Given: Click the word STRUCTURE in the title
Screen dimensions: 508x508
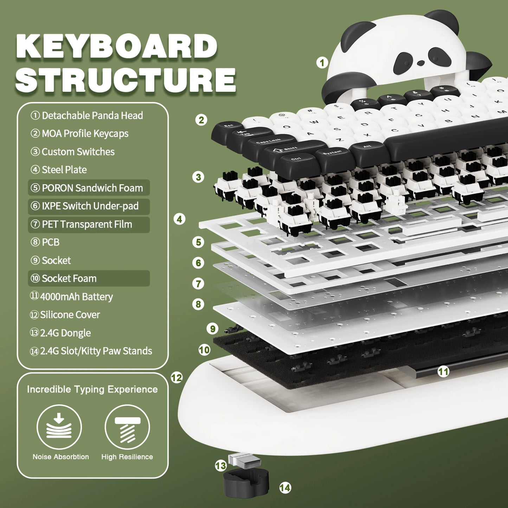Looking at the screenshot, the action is pyautogui.click(x=126, y=79).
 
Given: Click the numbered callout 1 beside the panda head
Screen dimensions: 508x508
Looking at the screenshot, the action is pyautogui.click(x=322, y=63).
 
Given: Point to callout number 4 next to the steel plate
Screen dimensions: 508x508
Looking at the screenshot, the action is pyautogui.click(x=179, y=219).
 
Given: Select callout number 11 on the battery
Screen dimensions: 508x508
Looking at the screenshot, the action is pyautogui.click(x=443, y=372).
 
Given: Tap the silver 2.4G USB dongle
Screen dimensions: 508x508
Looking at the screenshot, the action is pyautogui.click(x=244, y=461).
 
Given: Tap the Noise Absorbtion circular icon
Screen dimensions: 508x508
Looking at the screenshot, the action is pyautogui.click(x=59, y=427).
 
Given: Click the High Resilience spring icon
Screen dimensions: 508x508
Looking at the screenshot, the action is pyautogui.click(x=127, y=427).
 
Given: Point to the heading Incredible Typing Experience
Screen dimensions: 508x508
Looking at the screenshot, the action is pyautogui.click(x=92, y=390).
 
